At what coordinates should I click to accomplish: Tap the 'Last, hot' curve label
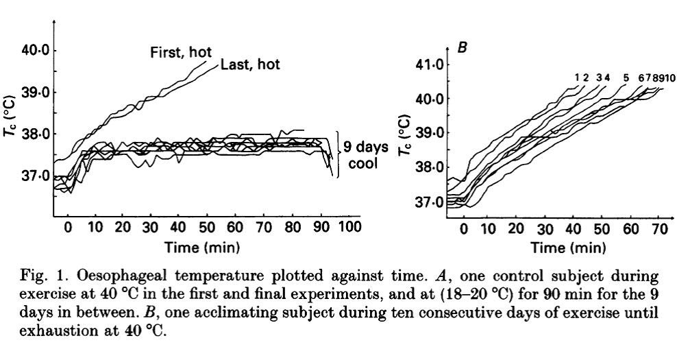(250, 65)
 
